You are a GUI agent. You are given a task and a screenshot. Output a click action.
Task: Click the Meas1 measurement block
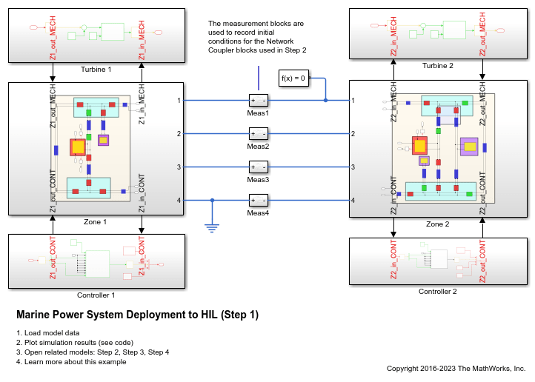[259, 101]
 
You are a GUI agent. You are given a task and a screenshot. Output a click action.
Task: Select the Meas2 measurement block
[259, 134]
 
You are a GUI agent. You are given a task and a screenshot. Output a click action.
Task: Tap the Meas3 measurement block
[259, 167]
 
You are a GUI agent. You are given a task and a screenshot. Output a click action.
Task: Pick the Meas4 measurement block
[259, 201]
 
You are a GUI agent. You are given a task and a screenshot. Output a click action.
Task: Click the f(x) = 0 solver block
[293, 78]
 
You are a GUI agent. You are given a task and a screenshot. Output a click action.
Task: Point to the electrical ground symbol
[212, 228]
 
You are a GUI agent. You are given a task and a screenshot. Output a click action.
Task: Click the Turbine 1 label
[96, 69]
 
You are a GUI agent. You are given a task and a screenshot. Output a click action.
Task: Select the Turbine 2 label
[438, 65]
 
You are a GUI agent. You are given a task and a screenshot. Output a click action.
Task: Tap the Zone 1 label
[95, 222]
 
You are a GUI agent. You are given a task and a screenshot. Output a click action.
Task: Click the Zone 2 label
[438, 224]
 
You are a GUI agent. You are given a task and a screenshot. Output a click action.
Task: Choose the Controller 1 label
[96, 295]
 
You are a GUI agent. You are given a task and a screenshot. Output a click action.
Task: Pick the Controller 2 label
[438, 292]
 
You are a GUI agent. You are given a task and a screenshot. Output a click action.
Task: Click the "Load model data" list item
[52, 333]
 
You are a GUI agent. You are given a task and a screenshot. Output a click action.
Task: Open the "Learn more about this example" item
[75, 362]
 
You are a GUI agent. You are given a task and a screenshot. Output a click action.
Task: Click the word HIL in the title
[209, 314]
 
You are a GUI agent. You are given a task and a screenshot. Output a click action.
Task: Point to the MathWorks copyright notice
[456, 369]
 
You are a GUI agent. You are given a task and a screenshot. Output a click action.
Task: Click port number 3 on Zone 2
[353, 167]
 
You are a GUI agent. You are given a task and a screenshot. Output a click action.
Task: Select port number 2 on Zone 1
[179, 134]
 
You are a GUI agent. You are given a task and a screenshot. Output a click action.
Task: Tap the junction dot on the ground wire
[212, 201]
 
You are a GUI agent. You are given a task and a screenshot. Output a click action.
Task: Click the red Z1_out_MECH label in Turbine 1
[53, 38]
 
